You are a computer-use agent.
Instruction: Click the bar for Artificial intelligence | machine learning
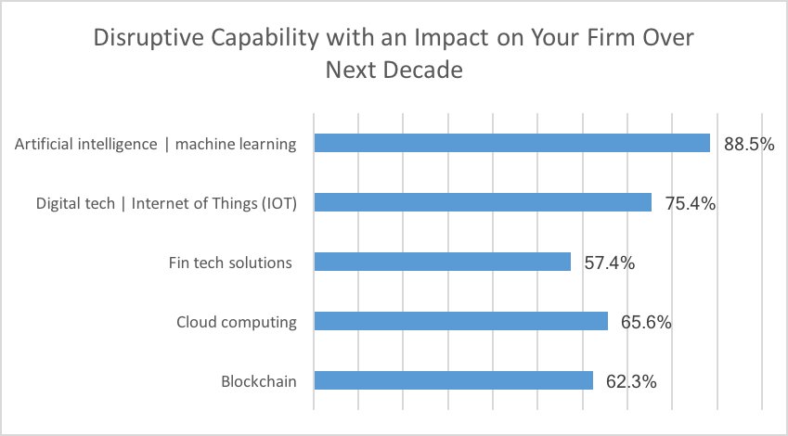click(x=511, y=143)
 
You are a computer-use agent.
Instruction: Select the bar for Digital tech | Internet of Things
click(x=483, y=202)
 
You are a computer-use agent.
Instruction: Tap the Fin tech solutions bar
click(x=442, y=262)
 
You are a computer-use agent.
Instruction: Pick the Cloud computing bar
click(x=460, y=321)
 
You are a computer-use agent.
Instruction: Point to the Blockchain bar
click(x=453, y=380)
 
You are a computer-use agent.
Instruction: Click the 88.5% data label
click(x=749, y=144)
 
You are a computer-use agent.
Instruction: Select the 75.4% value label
click(x=690, y=203)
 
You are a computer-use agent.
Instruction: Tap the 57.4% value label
click(x=609, y=263)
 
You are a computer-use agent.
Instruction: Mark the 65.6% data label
click(x=646, y=322)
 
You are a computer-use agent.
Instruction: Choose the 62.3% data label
click(x=631, y=381)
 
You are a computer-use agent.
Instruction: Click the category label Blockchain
click(x=259, y=381)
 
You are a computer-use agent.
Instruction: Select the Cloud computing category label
click(x=237, y=322)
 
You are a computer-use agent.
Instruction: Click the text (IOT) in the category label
click(x=278, y=203)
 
